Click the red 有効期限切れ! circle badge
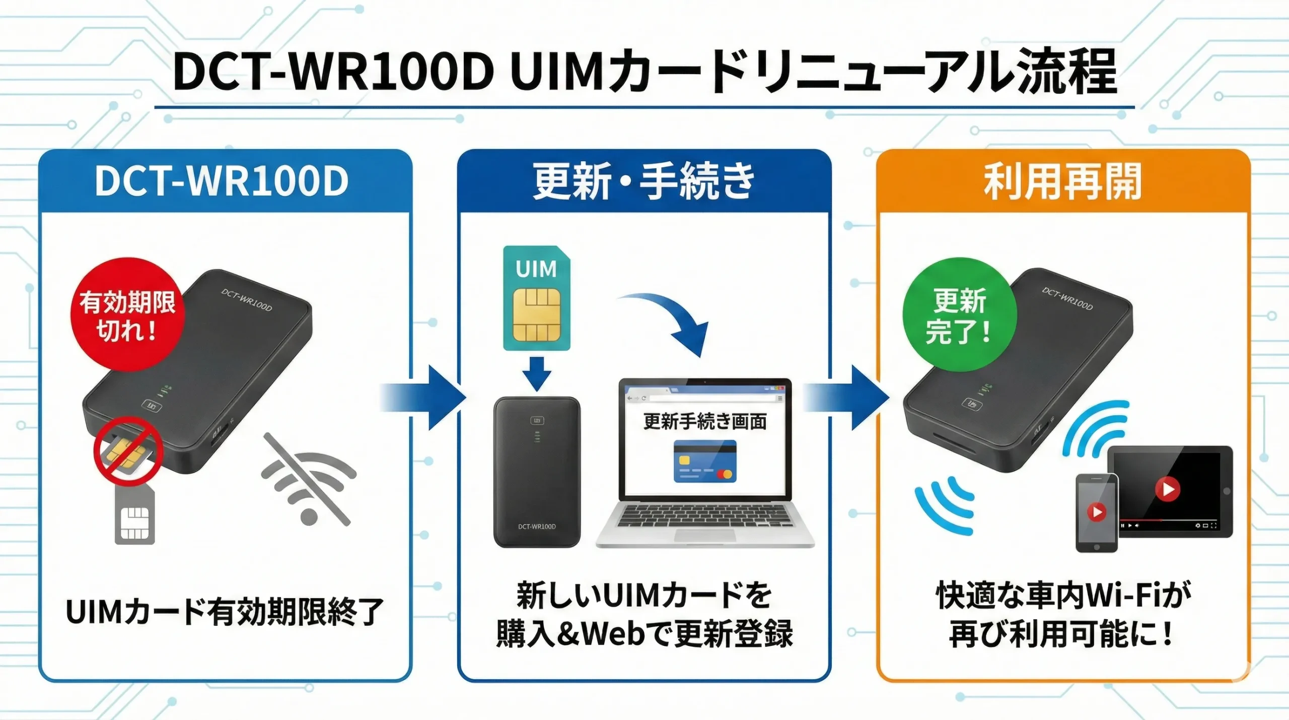127,315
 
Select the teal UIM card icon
537,298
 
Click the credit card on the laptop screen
705,461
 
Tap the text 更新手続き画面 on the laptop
705,422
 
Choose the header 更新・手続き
644,181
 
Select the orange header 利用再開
1062,181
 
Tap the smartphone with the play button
1097,513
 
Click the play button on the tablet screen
1167,489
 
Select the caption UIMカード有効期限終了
225,612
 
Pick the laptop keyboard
705,516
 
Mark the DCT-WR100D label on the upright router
537,527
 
